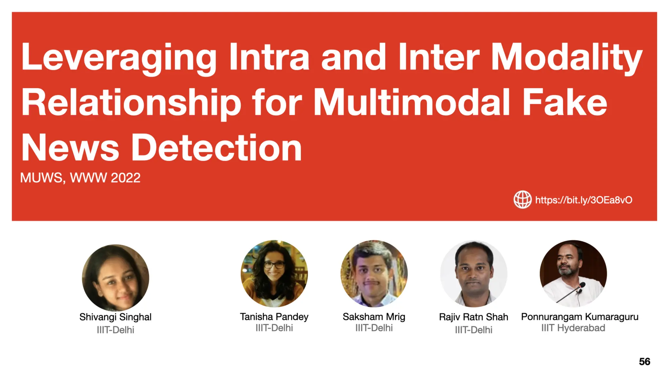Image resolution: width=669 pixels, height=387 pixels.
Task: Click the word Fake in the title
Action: coord(565,103)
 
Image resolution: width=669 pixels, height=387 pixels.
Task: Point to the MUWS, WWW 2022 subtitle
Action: coord(80,178)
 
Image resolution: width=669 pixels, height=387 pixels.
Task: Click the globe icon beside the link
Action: coord(522,199)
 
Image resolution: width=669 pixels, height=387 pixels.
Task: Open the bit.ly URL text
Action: coord(583,200)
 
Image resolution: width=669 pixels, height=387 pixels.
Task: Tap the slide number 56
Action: coord(644,362)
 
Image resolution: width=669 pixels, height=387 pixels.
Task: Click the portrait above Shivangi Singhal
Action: coord(115,278)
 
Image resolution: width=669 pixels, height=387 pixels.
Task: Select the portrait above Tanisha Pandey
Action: coord(274,274)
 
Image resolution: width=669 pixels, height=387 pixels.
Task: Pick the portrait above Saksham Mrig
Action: coord(374,274)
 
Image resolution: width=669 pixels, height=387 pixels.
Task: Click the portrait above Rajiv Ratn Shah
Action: coord(473,274)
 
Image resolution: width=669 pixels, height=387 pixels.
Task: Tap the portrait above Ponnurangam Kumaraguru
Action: coord(573,274)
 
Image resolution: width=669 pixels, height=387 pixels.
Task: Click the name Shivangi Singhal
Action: coord(115,317)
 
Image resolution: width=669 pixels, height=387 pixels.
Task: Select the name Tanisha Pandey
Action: coord(274,317)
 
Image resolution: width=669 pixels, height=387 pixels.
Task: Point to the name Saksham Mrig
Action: coord(374,317)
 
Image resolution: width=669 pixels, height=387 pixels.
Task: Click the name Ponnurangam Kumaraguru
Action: coord(579,317)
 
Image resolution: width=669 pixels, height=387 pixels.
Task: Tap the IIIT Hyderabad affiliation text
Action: coord(573,328)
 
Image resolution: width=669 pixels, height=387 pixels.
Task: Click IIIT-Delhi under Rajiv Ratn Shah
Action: coord(473,330)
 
